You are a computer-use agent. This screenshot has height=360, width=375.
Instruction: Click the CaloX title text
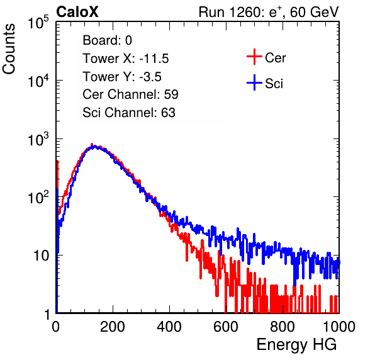(77, 12)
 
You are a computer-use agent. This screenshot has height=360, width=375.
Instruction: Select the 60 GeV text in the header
(315, 12)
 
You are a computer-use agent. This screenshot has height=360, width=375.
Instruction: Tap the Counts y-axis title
(9, 49)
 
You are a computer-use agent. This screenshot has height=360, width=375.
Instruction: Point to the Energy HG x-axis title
(296, 345)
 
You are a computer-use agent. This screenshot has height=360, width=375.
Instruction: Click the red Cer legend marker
(254, 57)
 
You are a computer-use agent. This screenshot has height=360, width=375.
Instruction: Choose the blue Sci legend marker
(254, 83)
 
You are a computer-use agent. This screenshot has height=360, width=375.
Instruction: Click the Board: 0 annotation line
(107, 40)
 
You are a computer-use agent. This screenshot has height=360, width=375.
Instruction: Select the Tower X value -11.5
(154, 59)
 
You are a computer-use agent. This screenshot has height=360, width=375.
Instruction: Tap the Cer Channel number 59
(171, 94)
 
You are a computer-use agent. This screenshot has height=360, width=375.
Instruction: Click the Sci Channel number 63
(168, 113)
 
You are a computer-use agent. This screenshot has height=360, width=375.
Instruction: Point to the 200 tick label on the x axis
(113, 327)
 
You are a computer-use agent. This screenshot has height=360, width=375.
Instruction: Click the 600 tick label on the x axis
(226, 327)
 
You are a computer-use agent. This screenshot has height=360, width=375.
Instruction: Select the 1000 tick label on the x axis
(339, 327)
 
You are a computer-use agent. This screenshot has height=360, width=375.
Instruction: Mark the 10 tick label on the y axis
(41, 256)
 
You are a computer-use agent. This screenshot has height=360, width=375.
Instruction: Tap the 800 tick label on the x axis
(283, 327)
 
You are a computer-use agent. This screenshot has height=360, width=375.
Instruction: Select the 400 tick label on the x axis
(169, 327)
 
